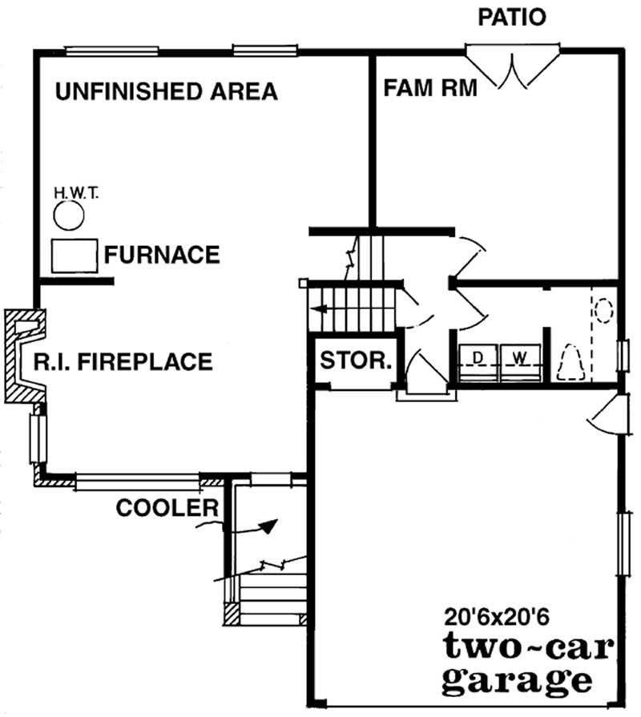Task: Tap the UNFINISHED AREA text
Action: pos(166,91)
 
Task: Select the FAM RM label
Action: pos(429,87)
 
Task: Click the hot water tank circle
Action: pos(69,216)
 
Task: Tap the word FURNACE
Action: pos(162,255)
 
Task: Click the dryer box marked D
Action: pos(478,357)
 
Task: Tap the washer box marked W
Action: pos(520,357)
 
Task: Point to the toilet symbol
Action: pos(570,361)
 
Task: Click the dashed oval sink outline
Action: pos(603,309)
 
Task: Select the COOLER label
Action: pos(167,508)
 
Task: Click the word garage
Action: pos(517,682)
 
